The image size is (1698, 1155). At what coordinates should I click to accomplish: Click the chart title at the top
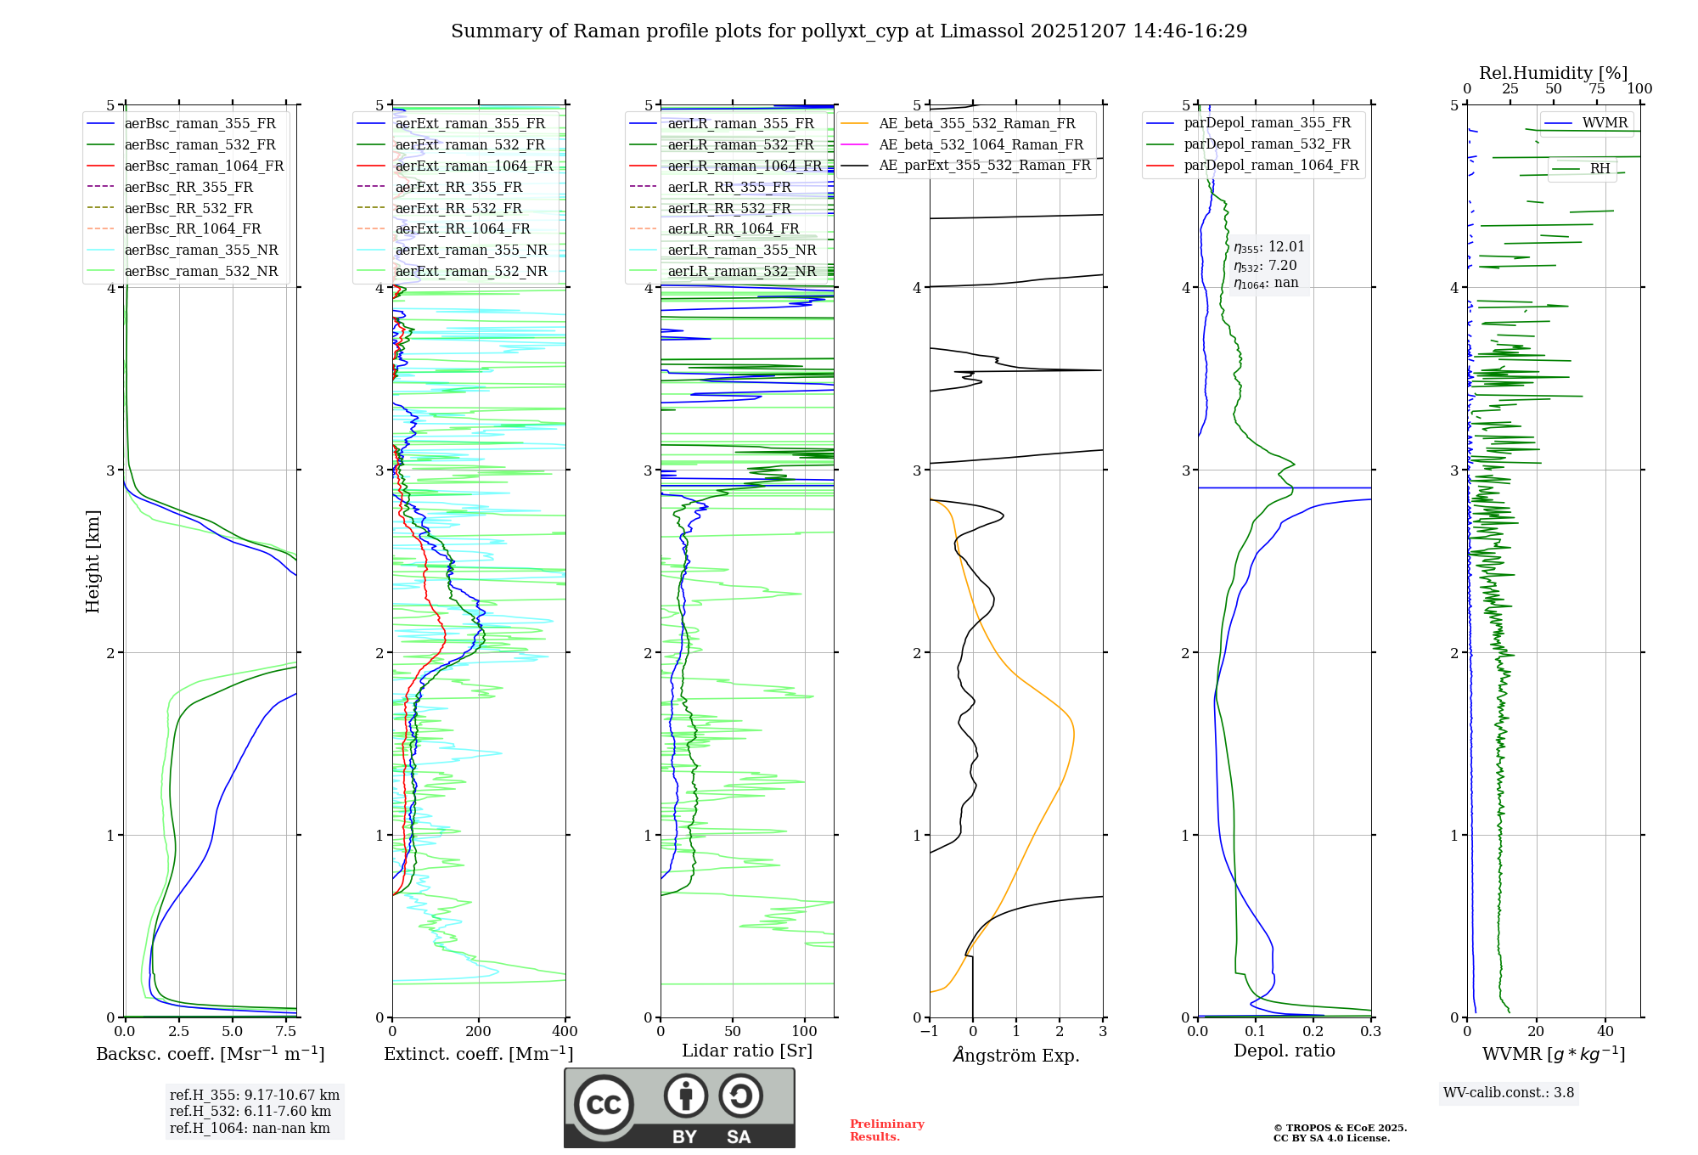coord(849,31)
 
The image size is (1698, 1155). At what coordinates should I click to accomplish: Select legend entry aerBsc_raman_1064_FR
coord(204,166)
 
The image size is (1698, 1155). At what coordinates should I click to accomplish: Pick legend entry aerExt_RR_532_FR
coord(458,208)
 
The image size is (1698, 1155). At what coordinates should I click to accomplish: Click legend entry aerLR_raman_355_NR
coord(741,250)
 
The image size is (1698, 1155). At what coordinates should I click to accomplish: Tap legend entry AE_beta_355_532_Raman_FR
coord(976,124)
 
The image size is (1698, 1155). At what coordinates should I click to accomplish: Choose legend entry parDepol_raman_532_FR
coord(1267,144)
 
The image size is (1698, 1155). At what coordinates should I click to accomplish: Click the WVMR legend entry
coord(1604,123)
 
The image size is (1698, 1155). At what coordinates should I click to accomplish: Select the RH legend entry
coord(1600,169)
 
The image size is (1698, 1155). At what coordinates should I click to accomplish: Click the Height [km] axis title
coord(93,561)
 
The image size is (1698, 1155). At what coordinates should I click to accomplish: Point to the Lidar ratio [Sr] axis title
coord(747,1051)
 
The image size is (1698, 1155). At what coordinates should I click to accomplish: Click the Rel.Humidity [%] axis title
coord(1553,73)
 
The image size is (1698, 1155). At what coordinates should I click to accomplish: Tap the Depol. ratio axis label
coord(1284,1051)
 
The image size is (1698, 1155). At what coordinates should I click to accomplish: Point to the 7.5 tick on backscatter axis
coord(286,1032)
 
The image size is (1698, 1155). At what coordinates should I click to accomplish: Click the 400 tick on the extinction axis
coord(565,1032)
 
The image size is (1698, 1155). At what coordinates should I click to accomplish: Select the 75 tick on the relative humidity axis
coord(1596,89)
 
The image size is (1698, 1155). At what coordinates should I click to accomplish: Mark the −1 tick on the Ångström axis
coord(929,1032)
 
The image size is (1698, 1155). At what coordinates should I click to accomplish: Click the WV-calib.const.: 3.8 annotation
coord(1509,1093)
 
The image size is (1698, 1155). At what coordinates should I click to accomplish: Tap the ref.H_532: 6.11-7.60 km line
coord(250,1112)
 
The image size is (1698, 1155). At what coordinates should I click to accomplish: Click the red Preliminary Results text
coord(886,1130)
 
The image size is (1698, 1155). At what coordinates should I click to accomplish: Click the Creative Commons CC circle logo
coord(604,1105)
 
